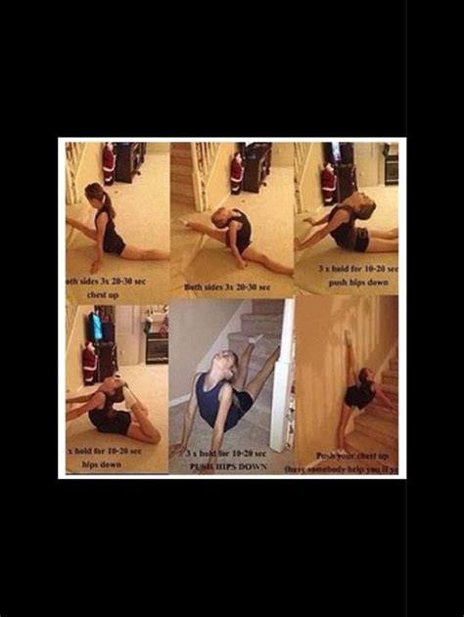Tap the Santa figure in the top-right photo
pyautogui.click(x=329, y=183)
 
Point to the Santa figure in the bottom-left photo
pyautogui.click(x=89, y=363)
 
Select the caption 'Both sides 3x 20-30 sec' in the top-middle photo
pyautogui.click(x=227, y=287)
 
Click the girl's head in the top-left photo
pyautogui.click(x=96, y=193)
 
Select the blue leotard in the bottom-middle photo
pyautogui.click(x=213, y=401)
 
